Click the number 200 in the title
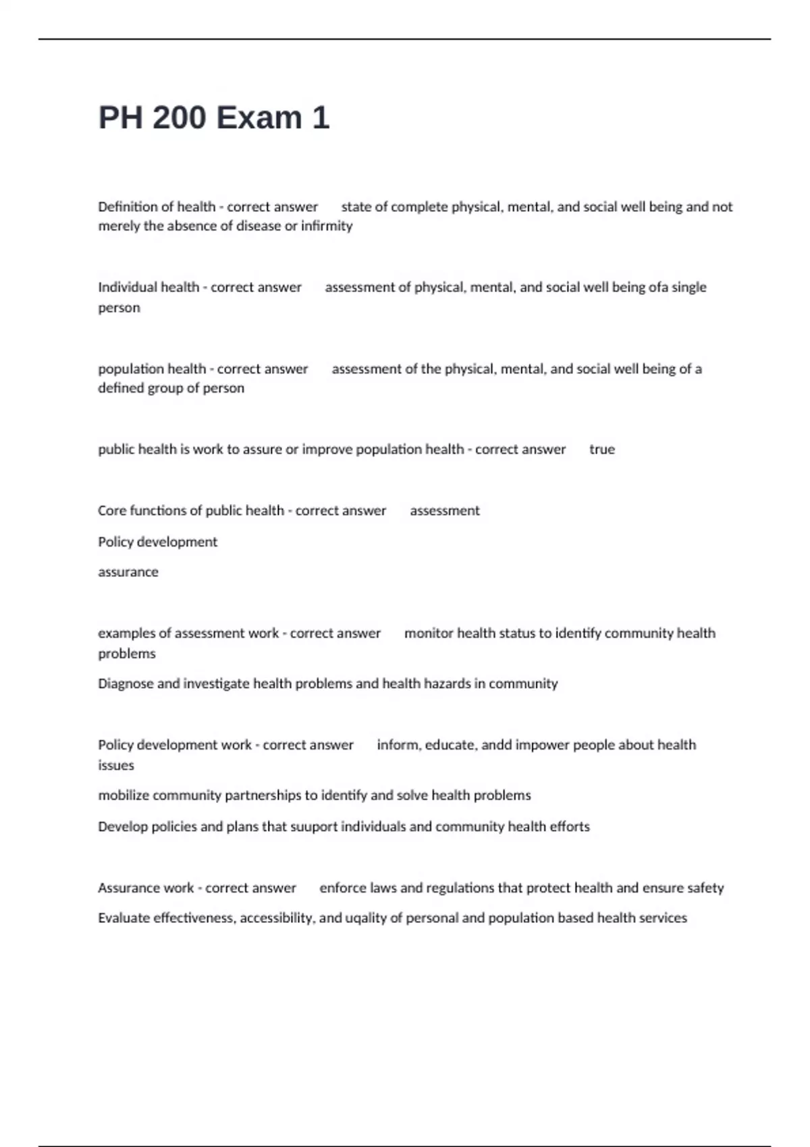coord(179,118)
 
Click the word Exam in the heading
coord(259,118)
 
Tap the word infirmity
coord(327,226)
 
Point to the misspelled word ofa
coord(658,287)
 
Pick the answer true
coord(602,449)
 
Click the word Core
coord(112,511)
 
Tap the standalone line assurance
coord(128,572)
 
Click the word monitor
coord(429,634)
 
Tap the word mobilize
coord(124,795)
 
